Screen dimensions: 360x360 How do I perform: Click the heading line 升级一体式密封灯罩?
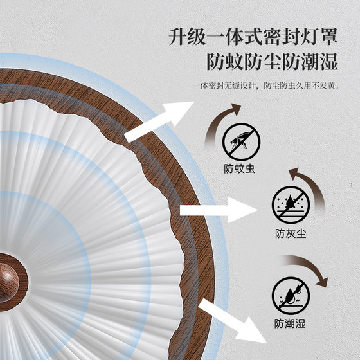tap(253, 37)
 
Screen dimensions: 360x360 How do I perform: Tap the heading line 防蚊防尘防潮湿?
tap(272, 62)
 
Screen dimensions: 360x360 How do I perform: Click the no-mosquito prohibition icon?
tap(241, 141)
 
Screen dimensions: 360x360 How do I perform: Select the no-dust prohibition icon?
tap(291, 205)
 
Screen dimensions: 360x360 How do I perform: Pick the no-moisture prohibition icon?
tap(291, 296)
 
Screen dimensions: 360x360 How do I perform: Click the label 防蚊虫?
tap(239, 168)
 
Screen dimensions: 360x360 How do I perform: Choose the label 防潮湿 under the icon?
tap(290, 323)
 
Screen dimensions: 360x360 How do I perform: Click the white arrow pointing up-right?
tap(158, 122)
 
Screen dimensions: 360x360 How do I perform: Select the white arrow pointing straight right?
tap(218, 210)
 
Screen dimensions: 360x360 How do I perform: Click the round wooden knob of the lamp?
tap(8, 282)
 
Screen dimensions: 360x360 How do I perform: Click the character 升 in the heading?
tap(178, 37)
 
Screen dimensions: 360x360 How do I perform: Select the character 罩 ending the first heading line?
tap(328, 37)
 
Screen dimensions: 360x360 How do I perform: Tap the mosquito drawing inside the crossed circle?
tap(239, 140)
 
